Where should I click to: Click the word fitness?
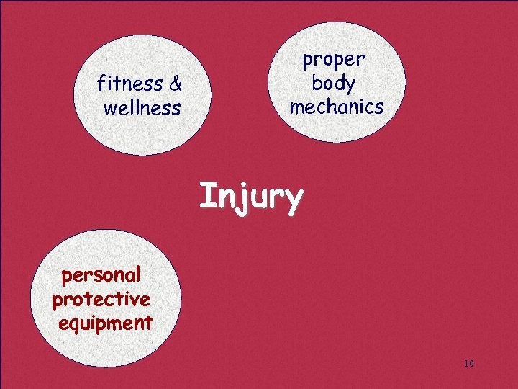click(x=130, y=84)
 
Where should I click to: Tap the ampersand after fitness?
click(x=175, y=84)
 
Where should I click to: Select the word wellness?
click(x=142, y=109)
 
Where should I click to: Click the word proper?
click(x=334, y=59)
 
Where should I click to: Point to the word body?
click(x=334, y=84)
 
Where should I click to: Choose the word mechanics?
click(x=336, y=107)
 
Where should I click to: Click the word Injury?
click(x=251, y=197)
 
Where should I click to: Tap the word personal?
click(x=101, y=274)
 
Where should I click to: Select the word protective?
click(x=101, y=299)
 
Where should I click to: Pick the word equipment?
click(x=105, y=323)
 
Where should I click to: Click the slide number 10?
click(x=469, y=362)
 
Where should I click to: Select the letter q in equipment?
click(x=74, y=325)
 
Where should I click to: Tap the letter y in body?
click(x=350, y=86)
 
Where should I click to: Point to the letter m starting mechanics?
click(x=297, y=108)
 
